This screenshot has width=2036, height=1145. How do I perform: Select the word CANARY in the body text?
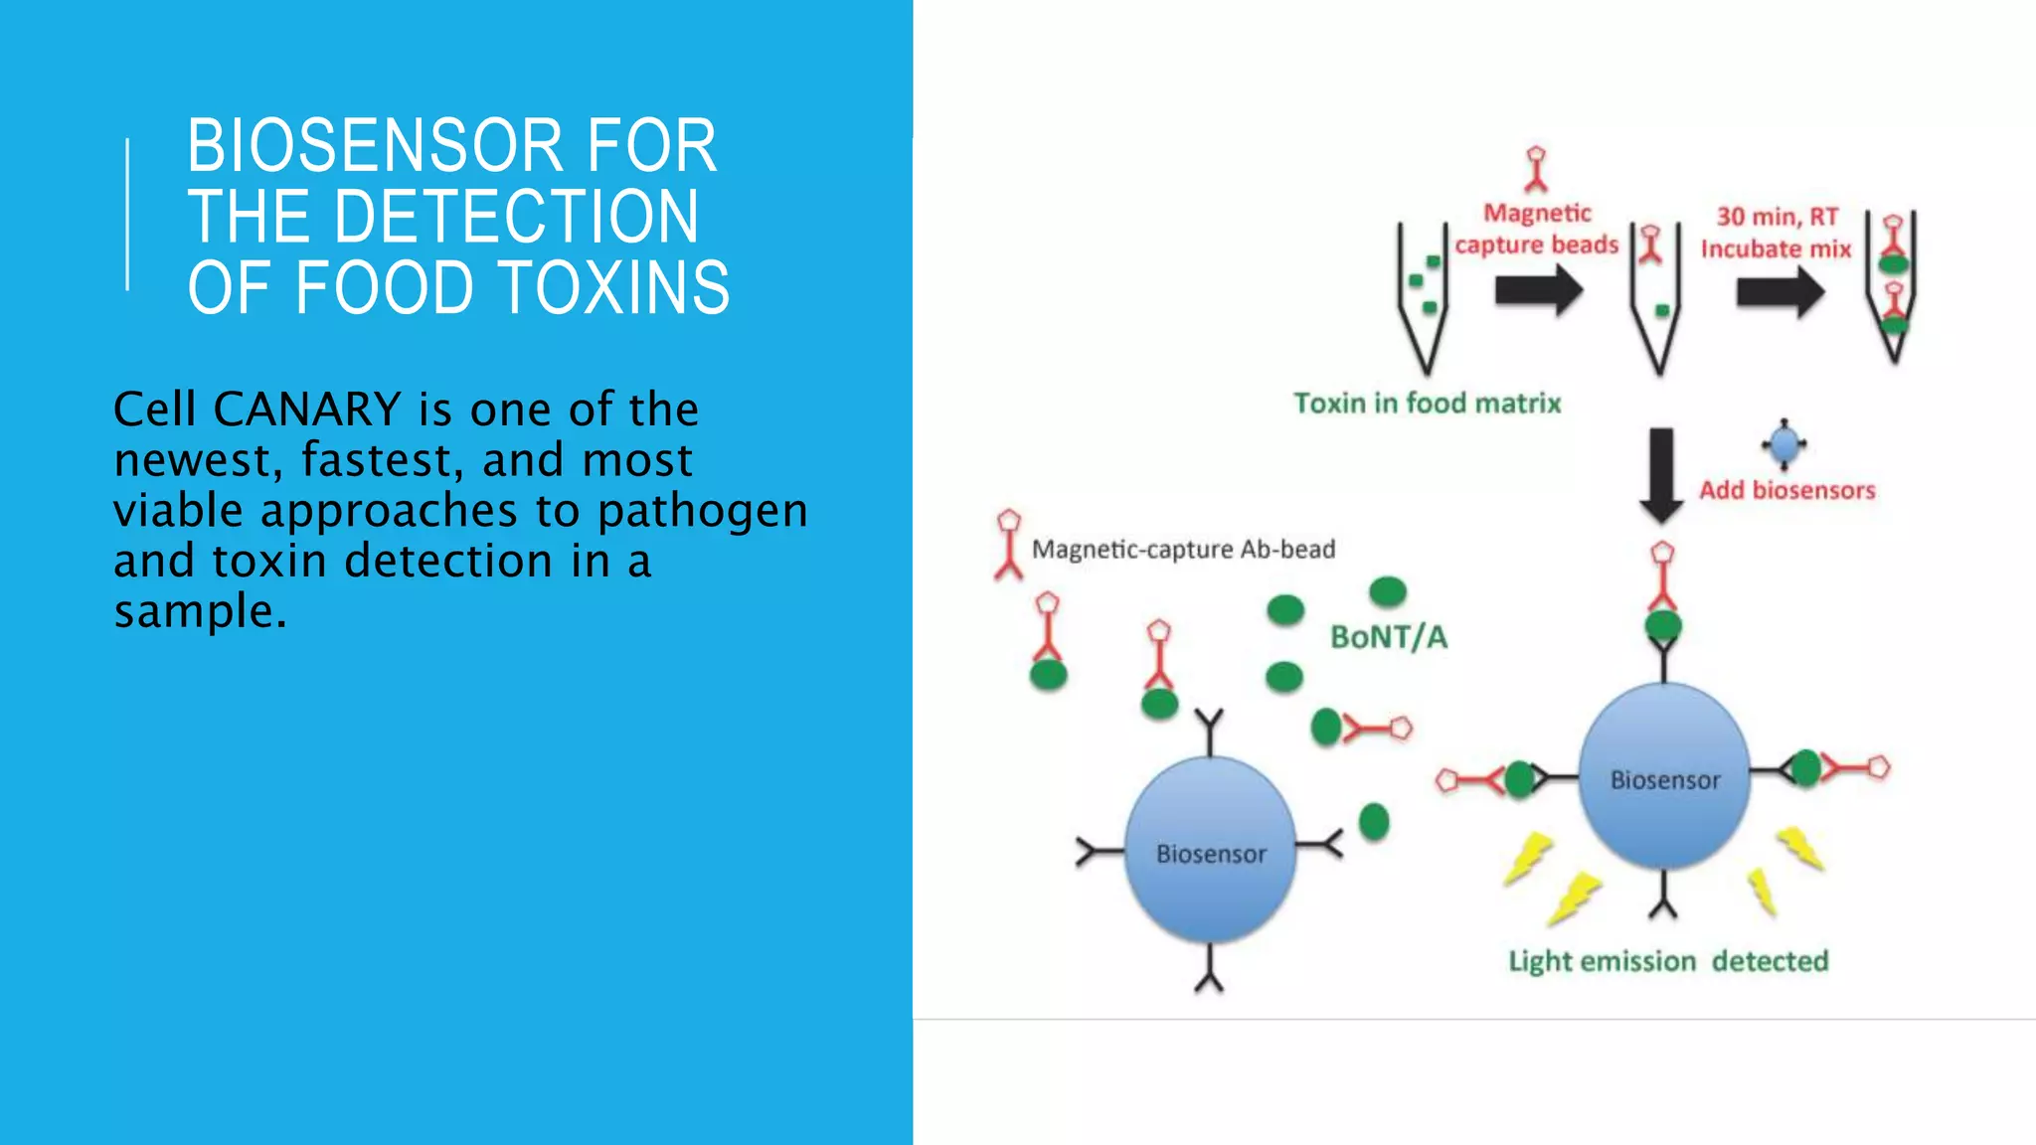point(306,409)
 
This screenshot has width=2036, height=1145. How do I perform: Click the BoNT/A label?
point(1388,637)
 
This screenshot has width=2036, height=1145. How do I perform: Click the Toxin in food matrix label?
point(1427,404)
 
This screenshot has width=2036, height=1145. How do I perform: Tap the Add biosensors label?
point(1786,490)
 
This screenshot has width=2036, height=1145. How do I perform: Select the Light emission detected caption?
point(1668,961)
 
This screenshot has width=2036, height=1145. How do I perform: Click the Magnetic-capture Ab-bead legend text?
point(1183,550)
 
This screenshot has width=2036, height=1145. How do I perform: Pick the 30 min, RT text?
point(1777,217)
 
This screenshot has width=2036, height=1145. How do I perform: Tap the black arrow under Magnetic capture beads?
point(1538,292)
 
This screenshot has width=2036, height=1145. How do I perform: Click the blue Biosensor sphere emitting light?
point(1664,776)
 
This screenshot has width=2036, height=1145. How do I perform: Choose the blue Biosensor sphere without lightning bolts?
point(1210,851)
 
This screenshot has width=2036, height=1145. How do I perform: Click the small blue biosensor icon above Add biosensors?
point(1784,443)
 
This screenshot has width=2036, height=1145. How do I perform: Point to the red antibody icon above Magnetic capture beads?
point(1536,169)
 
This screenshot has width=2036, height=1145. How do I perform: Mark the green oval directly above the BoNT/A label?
point(1387,592)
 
